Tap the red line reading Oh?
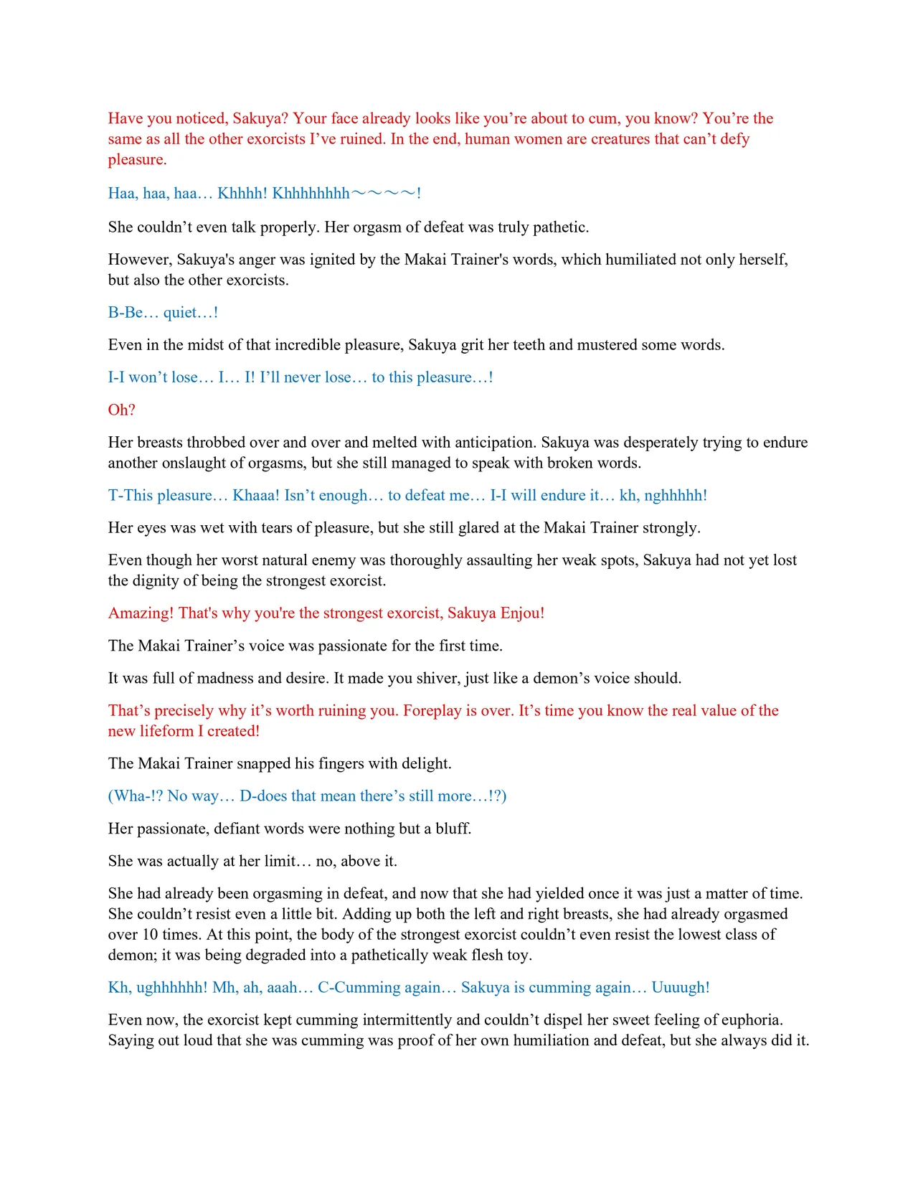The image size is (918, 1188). coord(122,410)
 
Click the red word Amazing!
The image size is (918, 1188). coord(141,613)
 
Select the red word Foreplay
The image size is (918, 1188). coord(432,710)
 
